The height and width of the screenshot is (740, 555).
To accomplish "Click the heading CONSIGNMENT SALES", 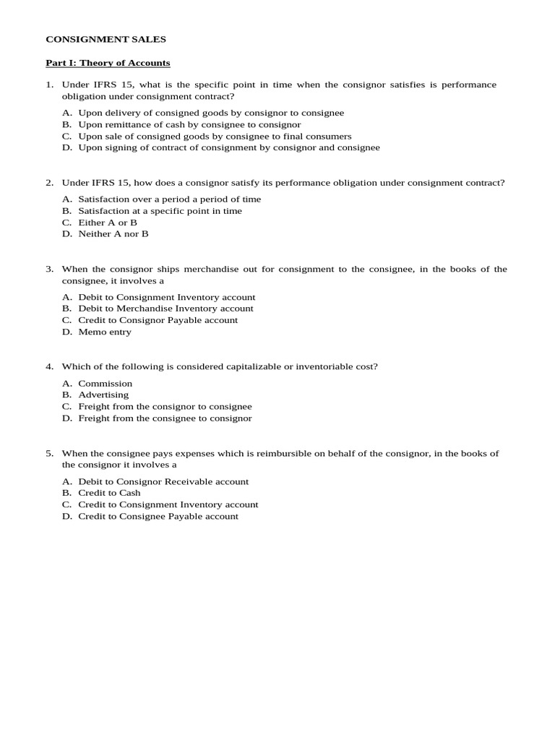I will click(106, 40).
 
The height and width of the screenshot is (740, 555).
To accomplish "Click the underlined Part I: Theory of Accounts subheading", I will click(108, 63).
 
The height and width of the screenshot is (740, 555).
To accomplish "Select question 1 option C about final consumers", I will click(215, 136).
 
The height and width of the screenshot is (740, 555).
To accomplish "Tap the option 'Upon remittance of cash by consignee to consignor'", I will click(189, 124).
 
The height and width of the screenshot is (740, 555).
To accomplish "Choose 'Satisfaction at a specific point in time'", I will click(160, 211).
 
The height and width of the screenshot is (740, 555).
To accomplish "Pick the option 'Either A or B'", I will click(108, 223).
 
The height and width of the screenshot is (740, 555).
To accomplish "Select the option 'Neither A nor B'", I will click(113, 234).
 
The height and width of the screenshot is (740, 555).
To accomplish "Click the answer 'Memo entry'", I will click(105, 332).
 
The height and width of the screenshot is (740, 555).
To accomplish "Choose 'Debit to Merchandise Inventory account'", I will click(165, 309).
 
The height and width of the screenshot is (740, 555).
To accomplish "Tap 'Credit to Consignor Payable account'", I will click(158, 320).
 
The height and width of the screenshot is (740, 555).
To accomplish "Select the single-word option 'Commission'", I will click(106, 384).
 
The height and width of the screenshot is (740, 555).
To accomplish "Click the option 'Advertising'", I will click(103, 395).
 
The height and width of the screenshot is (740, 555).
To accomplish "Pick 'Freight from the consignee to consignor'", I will click(165, 418).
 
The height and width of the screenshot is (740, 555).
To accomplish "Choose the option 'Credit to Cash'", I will click(109, 493).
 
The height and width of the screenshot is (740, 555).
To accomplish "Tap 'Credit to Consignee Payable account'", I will click(158, 516).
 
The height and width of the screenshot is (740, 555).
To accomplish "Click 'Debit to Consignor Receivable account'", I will click(163, 481).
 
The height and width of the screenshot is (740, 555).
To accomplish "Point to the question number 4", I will click(49, 366).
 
